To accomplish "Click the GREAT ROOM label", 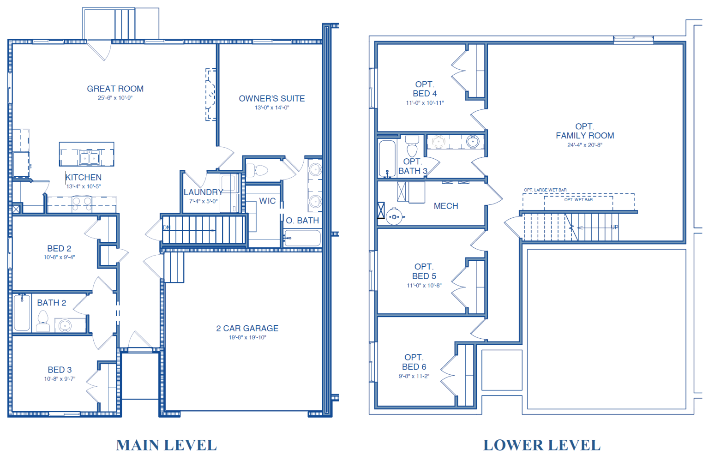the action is pos(115,89).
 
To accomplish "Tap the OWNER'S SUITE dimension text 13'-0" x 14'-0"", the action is pos(272,108).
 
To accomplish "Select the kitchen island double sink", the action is pos(89,157).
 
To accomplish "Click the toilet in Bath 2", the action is pos(43,320).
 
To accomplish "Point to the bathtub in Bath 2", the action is pos(22,312).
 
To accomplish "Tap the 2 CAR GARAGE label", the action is pos(247,329).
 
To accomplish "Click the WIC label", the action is pos(267,201).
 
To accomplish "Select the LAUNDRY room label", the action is pos(203,192).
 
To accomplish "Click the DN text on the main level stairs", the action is pos(167,228).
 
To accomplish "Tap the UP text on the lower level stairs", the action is pos(614,227).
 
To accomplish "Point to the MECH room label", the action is pos(446,206).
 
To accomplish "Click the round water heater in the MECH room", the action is pos(394,217).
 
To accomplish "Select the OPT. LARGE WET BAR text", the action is pos(545,190).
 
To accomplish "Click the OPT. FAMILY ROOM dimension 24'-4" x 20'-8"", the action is pos(585,145).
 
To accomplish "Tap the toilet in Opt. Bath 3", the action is pos(412,146).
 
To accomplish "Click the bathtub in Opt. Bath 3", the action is pos(387,158).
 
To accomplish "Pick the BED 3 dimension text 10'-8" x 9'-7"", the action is pos(60,379).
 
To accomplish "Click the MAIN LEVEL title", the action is pos(166,445).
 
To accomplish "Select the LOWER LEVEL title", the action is pos(541,445).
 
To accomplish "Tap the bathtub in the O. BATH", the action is pos(302,238).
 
